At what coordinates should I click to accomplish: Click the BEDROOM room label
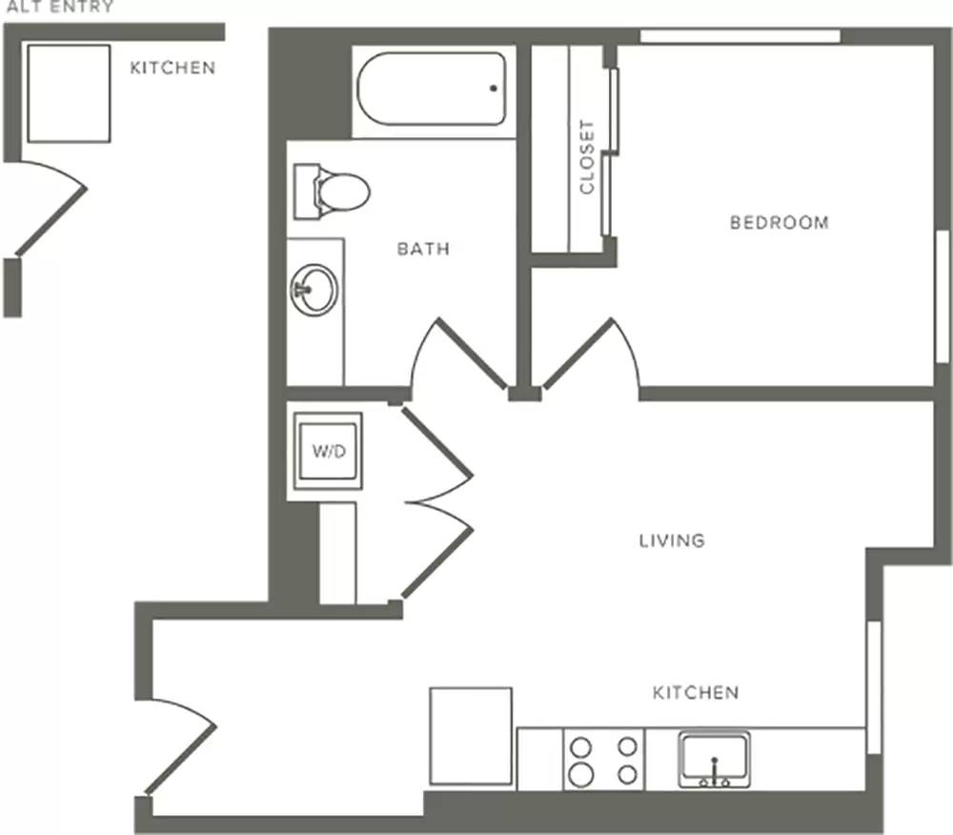[x=780, y=222]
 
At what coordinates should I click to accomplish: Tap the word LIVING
[x=672, y=540]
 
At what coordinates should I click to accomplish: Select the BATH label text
[x=423, y=249]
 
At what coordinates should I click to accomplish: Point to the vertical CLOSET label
[x=586, y=156]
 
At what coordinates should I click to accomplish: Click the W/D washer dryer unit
[x=328, y=451]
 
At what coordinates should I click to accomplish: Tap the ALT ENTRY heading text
[x=59, y=7]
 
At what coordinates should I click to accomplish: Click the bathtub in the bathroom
[x=432, y=90]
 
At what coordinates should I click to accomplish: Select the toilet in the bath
[x=332, y=192]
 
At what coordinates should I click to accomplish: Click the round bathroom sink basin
[x=314, y=289]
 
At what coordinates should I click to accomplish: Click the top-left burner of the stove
[x=581, y=746]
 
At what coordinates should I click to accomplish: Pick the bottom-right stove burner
[x=627, y=774]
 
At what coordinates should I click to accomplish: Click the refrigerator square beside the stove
[x=471, y=736]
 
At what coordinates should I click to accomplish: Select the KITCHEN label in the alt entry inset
[x=172, y=68]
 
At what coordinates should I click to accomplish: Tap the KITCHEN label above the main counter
[x=696, y=693]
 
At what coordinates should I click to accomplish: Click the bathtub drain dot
[x=494, y=88]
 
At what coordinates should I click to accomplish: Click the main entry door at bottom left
[x=180, y=745]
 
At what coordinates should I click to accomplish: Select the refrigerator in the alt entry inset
[x=69, y=93]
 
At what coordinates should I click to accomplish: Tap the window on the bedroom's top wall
[x=740, y=36]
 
